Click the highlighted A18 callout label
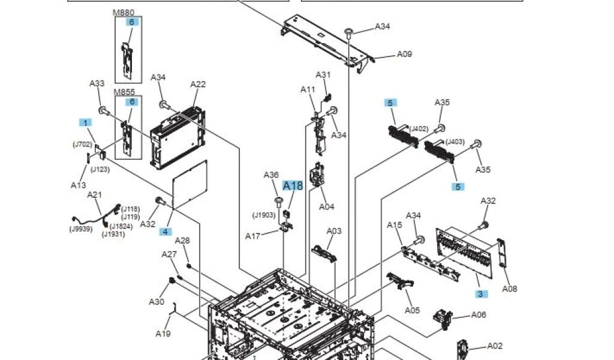point(293,186)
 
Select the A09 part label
point(405,54)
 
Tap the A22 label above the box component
point(198,85)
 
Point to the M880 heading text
point(124,12)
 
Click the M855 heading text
point(124,92)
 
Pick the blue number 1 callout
point(86,122)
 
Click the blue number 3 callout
point(480,294)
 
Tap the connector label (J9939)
point(81,229)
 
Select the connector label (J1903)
point(264,215)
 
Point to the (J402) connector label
point(419,128)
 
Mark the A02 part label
point(495,346)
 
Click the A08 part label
point(509,289)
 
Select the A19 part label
point(163,333)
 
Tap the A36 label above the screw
point(272,175)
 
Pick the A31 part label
point(323,75)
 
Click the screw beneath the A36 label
point(279,200)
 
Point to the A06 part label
point(478,314)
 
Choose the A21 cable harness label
point(95,194)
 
